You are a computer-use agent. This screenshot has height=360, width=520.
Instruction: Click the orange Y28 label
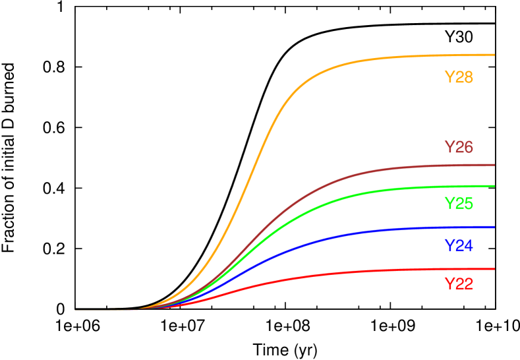click(458, 77)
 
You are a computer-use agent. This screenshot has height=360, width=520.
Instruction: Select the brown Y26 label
click(458, 147)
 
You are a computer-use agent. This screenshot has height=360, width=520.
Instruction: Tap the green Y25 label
click(458, 203)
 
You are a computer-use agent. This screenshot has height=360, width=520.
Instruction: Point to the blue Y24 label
click(458, 246)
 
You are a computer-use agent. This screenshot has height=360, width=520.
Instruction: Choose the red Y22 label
click(458, 284)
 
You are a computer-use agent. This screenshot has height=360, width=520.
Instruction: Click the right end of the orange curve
click(493, 55)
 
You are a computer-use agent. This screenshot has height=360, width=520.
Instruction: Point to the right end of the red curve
click(493, 269)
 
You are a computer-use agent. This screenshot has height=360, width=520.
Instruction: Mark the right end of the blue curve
click(493, 227)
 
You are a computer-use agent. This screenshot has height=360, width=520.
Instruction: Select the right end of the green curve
click(493, 186)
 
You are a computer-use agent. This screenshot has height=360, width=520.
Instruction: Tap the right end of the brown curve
click(493, 165)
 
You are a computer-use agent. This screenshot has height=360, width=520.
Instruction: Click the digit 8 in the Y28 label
click(468, 77)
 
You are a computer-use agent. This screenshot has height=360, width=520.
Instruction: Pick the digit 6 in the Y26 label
click(468, 147)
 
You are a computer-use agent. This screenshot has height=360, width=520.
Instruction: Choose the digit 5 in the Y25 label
click(468, 203)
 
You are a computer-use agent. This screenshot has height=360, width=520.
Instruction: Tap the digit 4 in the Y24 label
click(468, 246)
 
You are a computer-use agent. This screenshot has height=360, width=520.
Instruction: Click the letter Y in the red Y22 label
click(449, 284)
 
